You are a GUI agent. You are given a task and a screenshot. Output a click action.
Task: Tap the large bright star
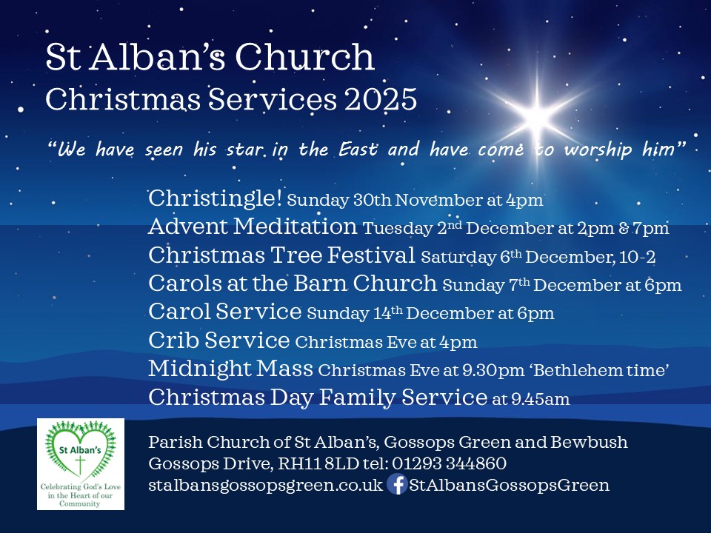(539, 115)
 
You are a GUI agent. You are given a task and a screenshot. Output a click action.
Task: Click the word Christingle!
(215, 199)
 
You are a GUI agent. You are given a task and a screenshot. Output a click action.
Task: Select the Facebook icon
(397, 486)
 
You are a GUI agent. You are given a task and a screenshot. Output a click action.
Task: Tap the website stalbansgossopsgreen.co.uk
(266, 486)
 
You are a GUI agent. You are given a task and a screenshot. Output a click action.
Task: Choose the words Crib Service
(218, 341)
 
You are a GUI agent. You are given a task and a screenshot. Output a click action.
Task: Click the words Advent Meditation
(253, 227)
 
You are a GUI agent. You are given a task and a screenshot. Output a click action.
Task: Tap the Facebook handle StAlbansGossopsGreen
(510, 486)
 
